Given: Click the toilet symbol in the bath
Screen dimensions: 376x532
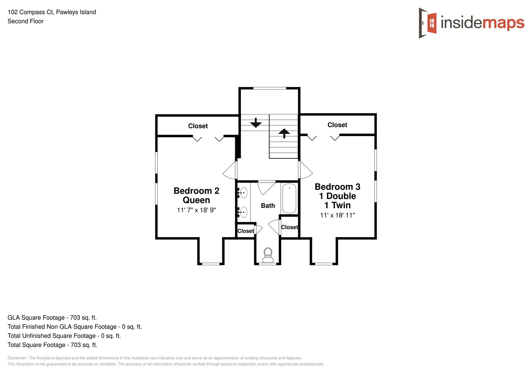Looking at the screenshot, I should point(268,255).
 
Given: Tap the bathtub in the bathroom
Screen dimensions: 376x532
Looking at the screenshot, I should point(289,198).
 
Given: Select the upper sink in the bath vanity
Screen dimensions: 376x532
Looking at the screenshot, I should point(243,193).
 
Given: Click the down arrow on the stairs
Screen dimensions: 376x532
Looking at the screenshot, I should point(256,123).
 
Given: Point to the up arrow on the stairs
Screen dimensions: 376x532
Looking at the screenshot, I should point(284,133).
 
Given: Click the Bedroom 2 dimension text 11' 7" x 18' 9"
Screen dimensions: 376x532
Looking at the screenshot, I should point(196,210).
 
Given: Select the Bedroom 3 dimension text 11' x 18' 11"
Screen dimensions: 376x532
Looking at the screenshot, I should point(337,215).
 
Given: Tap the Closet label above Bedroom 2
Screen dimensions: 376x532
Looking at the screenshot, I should point(198,126).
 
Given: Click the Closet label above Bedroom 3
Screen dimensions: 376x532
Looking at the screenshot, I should point(337,125).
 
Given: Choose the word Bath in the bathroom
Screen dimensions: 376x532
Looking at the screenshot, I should point(268,206).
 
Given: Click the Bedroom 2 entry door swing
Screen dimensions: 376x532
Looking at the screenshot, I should point(230,171).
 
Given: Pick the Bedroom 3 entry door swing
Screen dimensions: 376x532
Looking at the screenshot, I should point(306,170).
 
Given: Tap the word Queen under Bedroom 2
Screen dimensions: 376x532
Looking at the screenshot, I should point(196,200).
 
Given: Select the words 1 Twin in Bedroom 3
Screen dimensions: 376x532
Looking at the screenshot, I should point(337,205).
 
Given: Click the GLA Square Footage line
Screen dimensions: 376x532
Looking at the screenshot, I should point(52,318).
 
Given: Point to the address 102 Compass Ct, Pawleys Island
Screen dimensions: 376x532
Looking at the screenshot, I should point(52,12).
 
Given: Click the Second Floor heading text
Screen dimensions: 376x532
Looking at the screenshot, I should point(25,21).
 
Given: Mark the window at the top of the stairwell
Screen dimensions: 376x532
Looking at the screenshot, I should point(269,88).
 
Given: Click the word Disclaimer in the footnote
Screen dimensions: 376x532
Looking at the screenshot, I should point(17,358).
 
